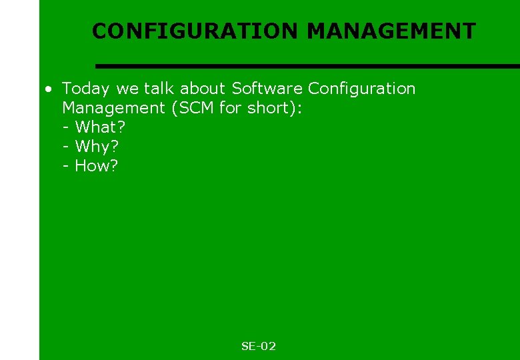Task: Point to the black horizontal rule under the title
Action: point(307,66)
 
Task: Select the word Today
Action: point(86,89)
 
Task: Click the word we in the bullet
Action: point(127,89)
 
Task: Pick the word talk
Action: point(159,89)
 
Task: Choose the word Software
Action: point(267,89)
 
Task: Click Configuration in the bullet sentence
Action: point(361,89)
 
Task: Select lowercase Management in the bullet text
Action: point(114,108)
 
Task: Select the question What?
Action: point(100,127)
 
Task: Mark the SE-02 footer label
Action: point(259,346)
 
